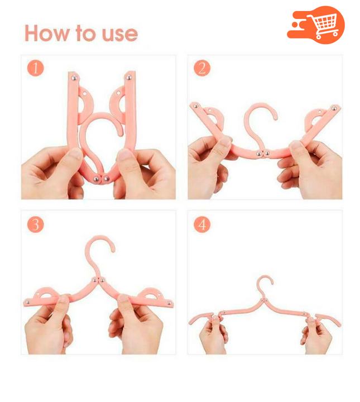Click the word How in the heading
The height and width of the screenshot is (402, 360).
47,33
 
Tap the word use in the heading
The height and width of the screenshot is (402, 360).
120,34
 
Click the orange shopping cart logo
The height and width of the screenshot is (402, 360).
316,25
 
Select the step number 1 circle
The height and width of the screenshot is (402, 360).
35,68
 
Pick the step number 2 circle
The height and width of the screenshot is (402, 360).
202,68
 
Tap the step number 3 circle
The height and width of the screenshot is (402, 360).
35,224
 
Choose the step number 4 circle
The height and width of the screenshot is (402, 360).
202,224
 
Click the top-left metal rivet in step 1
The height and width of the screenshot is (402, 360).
74,78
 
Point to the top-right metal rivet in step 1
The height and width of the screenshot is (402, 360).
128,77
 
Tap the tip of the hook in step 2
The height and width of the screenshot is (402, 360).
276,118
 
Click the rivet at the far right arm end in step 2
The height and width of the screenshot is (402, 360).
334,108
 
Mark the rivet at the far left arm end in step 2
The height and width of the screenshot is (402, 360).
195,106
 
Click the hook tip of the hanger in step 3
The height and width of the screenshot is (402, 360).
113,250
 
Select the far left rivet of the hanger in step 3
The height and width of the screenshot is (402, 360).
28,303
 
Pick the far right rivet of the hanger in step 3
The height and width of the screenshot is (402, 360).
169,304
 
